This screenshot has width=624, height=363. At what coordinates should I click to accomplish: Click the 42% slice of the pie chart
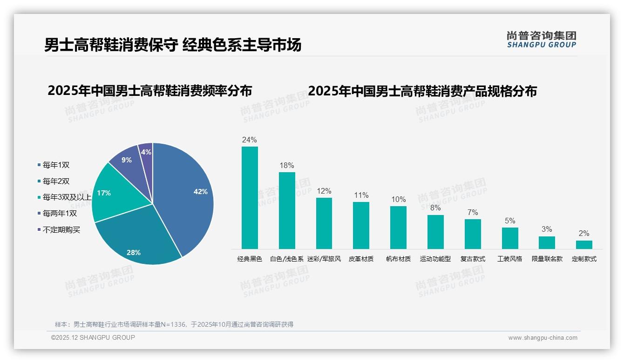coord(186,191)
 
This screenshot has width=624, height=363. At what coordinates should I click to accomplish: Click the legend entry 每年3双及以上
coord(67,197)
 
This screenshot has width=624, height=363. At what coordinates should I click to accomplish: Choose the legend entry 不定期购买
coord(61,230)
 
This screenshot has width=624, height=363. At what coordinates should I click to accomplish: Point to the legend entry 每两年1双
coord(60,214)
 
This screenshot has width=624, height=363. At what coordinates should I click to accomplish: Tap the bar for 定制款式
coord(584,244)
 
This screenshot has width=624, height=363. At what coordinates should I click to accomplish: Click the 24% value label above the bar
coord(250,140)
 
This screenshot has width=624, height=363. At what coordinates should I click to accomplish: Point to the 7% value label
coord(473,213)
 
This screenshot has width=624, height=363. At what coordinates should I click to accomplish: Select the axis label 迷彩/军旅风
coord(324,259)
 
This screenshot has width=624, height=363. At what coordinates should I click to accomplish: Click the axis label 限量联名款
coord(547,259)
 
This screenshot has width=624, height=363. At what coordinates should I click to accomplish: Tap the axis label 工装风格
coord(510,259)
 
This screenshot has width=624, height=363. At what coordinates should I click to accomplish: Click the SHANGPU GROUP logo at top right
coord(542,40)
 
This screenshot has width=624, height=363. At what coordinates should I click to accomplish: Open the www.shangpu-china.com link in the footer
coord(543,338)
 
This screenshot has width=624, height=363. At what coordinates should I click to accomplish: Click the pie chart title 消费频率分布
coord(149,90)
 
